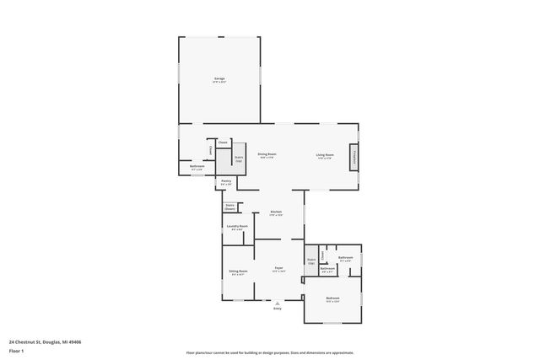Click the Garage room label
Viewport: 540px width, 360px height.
pyautogui.click(x=219, y=79)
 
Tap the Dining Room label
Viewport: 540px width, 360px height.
pyautogui.click(x=267, y=155)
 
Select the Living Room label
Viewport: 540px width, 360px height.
pyautogui.click(x=325, y=155)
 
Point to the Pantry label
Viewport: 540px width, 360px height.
pyautogui.click(x=226, y=181)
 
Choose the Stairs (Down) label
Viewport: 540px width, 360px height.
pyautogui.click(x=229, y=207)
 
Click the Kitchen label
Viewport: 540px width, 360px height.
pyautogui.click(x=275, y=212)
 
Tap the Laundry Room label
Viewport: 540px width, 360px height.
pyautogui.click(x=237, y=226)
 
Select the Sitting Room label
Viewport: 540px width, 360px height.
pyautogui.click(x=237, y=271)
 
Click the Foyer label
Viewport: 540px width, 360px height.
pyautogui.click(x=278, y=269)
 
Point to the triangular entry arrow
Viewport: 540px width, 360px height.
pyautogui.click(x=277, y=302)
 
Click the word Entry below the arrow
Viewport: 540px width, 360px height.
pyautogui.click(x=277, y=309)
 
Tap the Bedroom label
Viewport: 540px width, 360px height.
pyautogui.click(x=333, y=298)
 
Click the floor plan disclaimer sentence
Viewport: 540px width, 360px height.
pyautogui.click(x=269, y=352)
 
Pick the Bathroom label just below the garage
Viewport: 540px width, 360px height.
pyautogui.click(x=197, y=167)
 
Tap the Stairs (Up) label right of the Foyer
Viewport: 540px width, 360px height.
pyautogui.click(x=311, y=261)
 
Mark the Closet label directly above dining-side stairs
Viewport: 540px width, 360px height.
pyautogui.click(x=223, y=142)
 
